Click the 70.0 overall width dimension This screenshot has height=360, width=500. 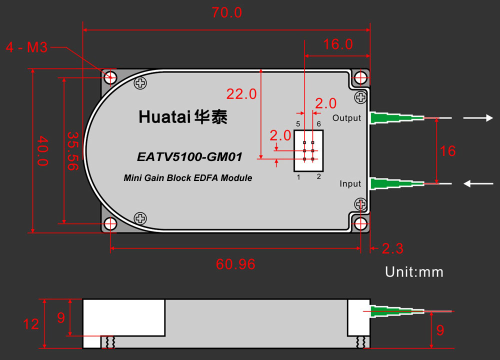coord(226,13)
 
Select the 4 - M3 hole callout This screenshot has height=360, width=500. coord(27,47)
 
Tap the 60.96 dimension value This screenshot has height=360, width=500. coord(235,264)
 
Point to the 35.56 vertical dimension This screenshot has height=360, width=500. coord(72,151)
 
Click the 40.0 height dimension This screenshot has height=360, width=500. coord(42,151)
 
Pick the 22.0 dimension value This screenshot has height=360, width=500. coord(241,94)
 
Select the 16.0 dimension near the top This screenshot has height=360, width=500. coord(338,44)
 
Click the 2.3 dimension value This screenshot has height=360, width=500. coord(392,248)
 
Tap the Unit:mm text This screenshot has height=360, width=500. coord(414,272)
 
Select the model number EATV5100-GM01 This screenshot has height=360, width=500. coord(189,157)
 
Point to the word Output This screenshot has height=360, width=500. coord(346,118)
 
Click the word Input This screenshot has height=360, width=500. coord(350,183)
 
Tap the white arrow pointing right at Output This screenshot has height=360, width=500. coord(478,118)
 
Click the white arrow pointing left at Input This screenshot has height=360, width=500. coord(478,183)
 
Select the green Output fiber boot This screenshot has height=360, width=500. coord(396,118)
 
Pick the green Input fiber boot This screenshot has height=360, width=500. coord(396,183)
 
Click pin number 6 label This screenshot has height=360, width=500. coord(318,123)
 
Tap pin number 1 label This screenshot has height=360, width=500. coord(298,177)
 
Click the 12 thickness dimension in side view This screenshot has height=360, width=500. coord(31,324)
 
